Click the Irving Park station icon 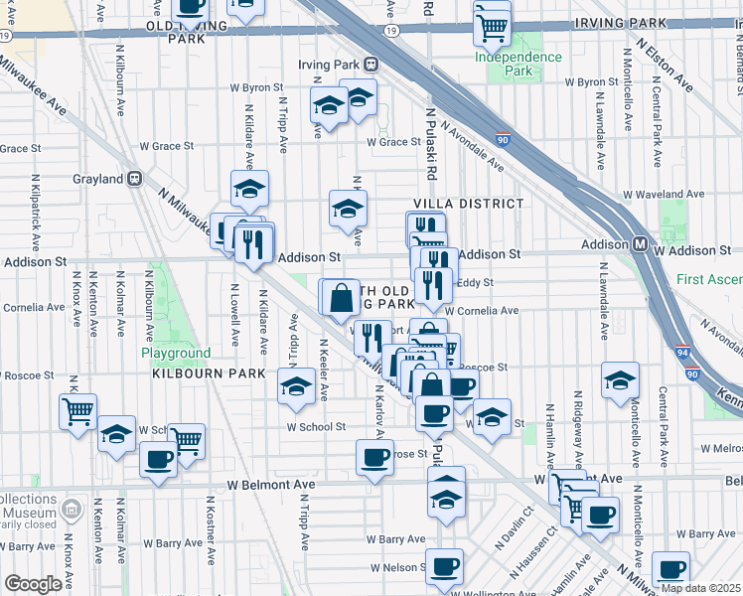click(371, 65)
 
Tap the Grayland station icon click(136, 179)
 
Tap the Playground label click(175, 353)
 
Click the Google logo click(33, 584)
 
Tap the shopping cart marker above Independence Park click(490, 28)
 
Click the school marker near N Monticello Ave click(620, 379)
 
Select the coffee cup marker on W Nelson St click(444, 566)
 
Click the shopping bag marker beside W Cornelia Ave click(340, 296)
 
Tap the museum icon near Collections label click(71, 510)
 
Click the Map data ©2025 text click(700, 588)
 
